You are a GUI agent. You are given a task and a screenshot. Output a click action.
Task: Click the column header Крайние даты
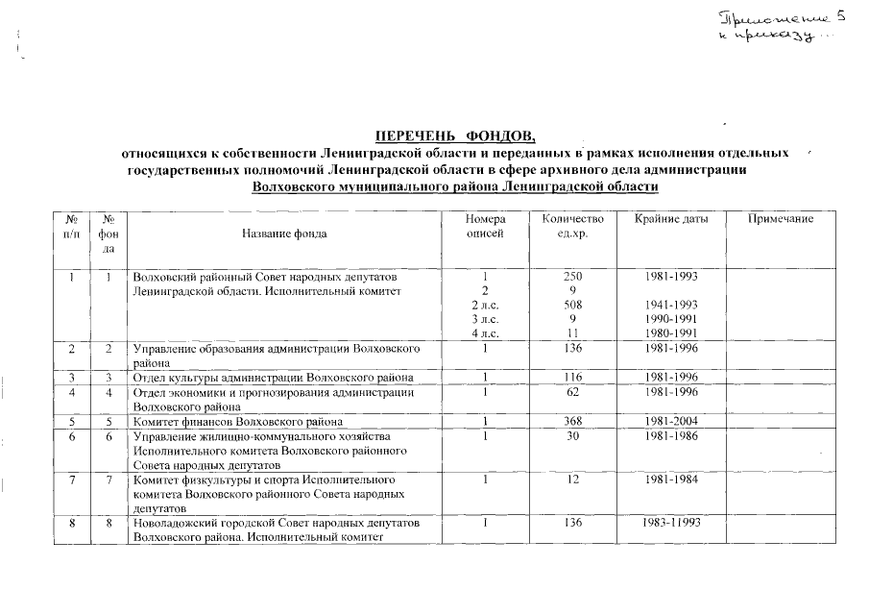671,220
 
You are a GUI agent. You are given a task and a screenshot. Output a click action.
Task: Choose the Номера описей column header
484,227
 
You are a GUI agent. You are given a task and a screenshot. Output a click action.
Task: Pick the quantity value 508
572,305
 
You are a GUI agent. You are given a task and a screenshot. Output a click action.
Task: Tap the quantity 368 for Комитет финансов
572,420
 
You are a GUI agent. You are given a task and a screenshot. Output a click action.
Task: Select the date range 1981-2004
671,420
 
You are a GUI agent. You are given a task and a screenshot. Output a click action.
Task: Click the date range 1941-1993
671,305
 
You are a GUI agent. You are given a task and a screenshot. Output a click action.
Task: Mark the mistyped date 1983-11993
671,523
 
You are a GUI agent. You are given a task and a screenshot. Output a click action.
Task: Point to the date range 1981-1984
671,479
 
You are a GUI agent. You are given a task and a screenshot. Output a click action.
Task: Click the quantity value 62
572,392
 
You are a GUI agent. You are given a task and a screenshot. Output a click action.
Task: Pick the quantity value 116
572,376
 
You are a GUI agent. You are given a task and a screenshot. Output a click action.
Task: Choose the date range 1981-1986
671,435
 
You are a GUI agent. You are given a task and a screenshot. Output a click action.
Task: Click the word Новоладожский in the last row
177,523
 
